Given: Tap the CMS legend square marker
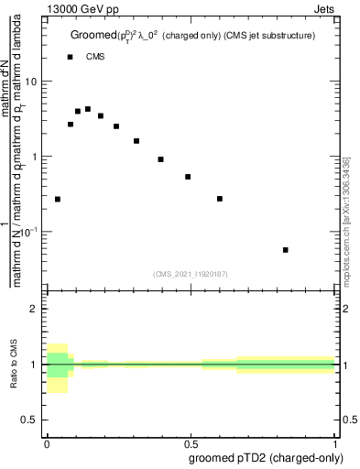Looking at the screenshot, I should point(71,57).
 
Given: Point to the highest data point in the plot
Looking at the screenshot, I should point(88,109).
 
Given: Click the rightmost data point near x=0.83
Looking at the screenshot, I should point(286,250).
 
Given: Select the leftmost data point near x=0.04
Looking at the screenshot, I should point(58,199).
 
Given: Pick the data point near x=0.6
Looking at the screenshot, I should point(220,199).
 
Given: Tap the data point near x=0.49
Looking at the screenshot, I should point(188,177).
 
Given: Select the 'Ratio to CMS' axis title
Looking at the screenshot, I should point(14,365).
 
